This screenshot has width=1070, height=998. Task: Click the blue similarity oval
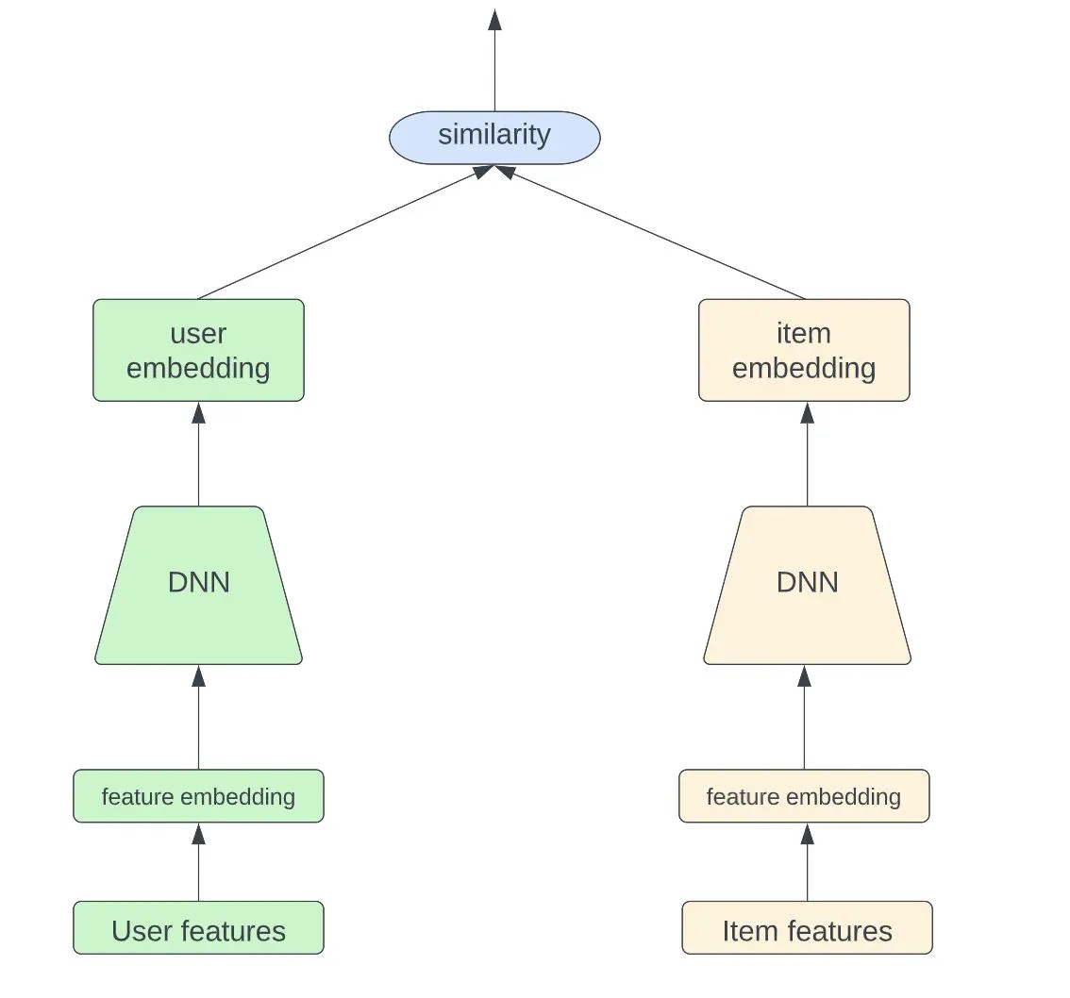click(x=494, y=137)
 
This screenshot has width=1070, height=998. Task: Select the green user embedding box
click(x=198, y=350)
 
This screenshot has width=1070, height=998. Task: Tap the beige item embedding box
click(x=804, y=350)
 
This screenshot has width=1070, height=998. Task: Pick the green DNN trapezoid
click(x=198, y=585)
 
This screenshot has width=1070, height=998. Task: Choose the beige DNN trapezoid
click(x=807, y=585)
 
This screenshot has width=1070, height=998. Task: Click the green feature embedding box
click(x=198, y=796)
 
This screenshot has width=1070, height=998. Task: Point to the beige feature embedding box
click(x=804, y=796)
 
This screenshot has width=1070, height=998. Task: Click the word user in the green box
click(x=198, y=334)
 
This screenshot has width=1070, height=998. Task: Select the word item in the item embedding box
click(x=804, y=334)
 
